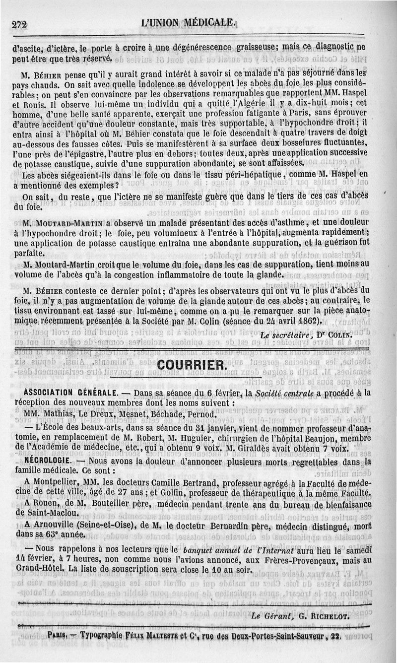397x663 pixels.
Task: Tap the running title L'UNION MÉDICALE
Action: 187,22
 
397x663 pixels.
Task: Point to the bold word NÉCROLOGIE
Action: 46,461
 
